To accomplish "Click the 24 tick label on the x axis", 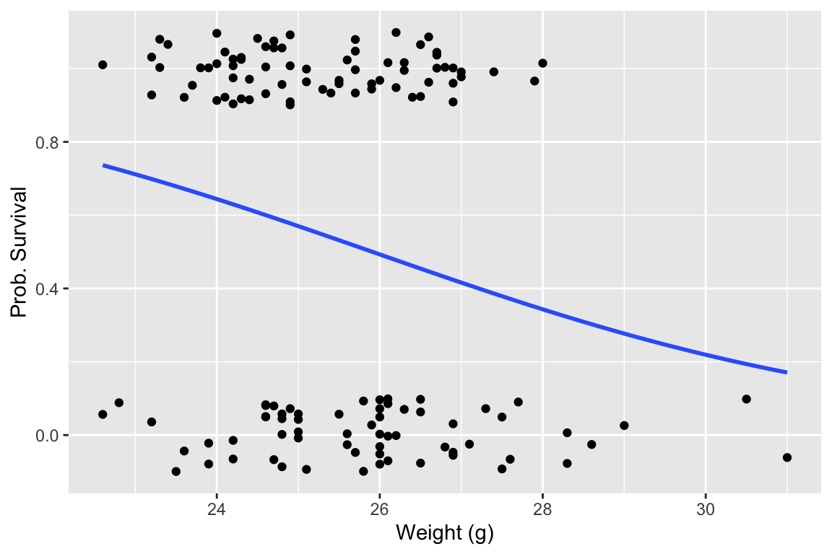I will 217,508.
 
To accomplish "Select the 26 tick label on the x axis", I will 380,508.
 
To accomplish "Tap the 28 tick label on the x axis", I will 542,508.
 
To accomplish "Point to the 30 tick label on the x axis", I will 706,508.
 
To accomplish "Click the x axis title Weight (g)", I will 444,534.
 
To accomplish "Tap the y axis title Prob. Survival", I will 18,252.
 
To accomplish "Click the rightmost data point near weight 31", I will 787,457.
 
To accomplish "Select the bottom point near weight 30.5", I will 746,399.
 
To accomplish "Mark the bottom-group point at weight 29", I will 624,426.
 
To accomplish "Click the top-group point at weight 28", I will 542,63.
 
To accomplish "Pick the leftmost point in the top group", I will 103,65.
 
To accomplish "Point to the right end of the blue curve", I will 786,372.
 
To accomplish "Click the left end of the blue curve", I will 103,165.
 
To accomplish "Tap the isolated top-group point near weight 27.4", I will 494,71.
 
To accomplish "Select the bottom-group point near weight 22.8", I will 119,403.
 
